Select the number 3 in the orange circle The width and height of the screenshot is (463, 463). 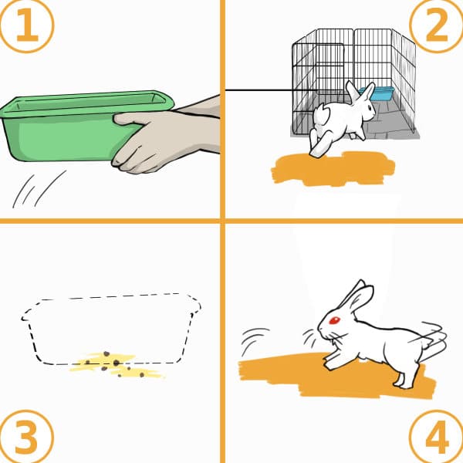click(26, 437)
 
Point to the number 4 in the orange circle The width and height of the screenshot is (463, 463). click(437, 437)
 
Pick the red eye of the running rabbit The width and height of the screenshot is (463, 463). click(335, 320)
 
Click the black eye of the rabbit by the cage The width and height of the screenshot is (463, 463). click(369, 107)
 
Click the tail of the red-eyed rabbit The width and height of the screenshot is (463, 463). click(433, 336)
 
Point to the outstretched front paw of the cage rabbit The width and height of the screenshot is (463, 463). click(319, 145)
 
